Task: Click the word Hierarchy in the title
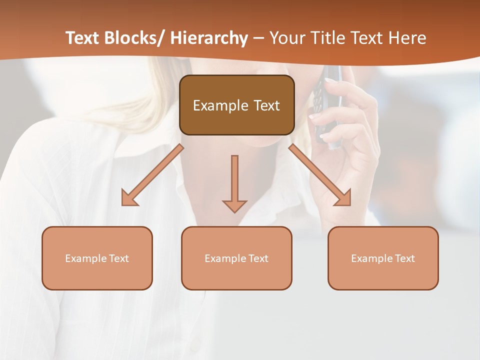coord(209,38)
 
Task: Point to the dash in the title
coord(258,39)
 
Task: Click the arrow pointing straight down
coord(234,182)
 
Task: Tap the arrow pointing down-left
coord(152,175)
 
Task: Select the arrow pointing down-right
coord(320,175)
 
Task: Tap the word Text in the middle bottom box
coord(258,258)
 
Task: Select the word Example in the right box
coord(372,258)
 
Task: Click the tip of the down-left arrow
coord(123,204)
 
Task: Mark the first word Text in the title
coord(83,38)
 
